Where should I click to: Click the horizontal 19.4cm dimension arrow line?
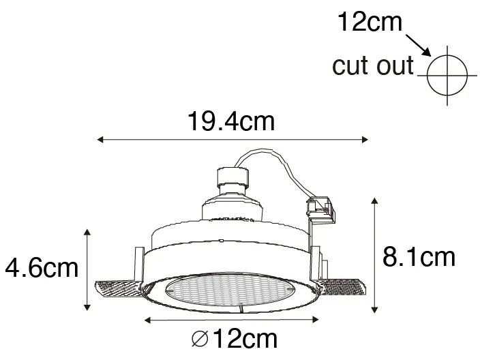[x=232, y=140]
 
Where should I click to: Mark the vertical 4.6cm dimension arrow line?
[x=87, y=269]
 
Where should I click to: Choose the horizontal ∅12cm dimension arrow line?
[x=232, y=319]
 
